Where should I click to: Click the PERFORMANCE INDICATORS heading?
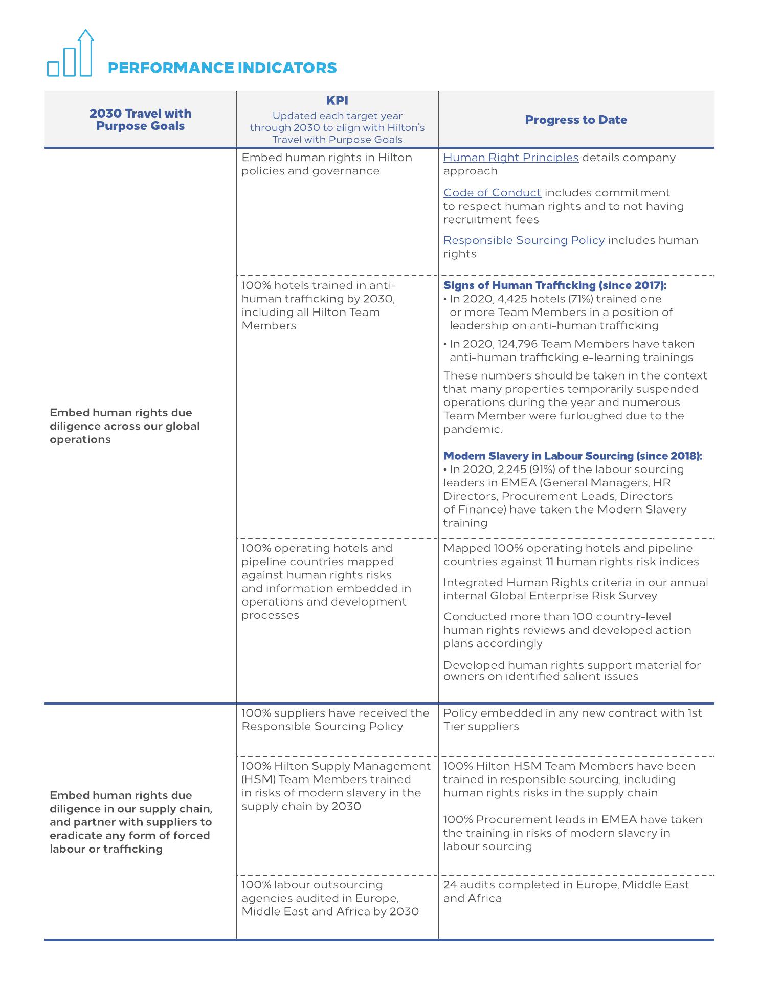coord(222,68)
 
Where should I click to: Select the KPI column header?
coord(337,101)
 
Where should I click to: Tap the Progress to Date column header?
coord(576,120)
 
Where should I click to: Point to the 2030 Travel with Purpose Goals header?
coord(140,120)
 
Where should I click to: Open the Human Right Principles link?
coord(510,158)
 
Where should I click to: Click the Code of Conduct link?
coord(492,193)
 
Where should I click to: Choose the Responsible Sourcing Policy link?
coord(524,240)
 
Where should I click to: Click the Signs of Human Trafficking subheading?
coord(554,285)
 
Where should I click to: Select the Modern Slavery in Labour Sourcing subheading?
coord(572,456)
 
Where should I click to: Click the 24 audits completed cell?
coord(566,891)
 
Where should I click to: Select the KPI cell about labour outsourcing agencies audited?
coord(330,898)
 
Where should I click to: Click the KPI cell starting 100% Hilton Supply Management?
coord(336,786)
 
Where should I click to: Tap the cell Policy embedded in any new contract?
coord(572,720)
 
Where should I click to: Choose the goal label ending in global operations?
coord(125,426)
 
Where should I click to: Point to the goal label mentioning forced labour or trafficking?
coord(130,822)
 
